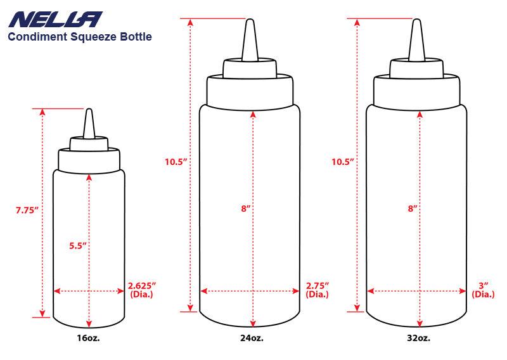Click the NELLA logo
pos(55,20)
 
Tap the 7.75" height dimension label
pos(27,210)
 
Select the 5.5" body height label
pos(78,245)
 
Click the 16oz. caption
pos(88,338)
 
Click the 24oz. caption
pos(252,338)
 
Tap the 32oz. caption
pos(418,338)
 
